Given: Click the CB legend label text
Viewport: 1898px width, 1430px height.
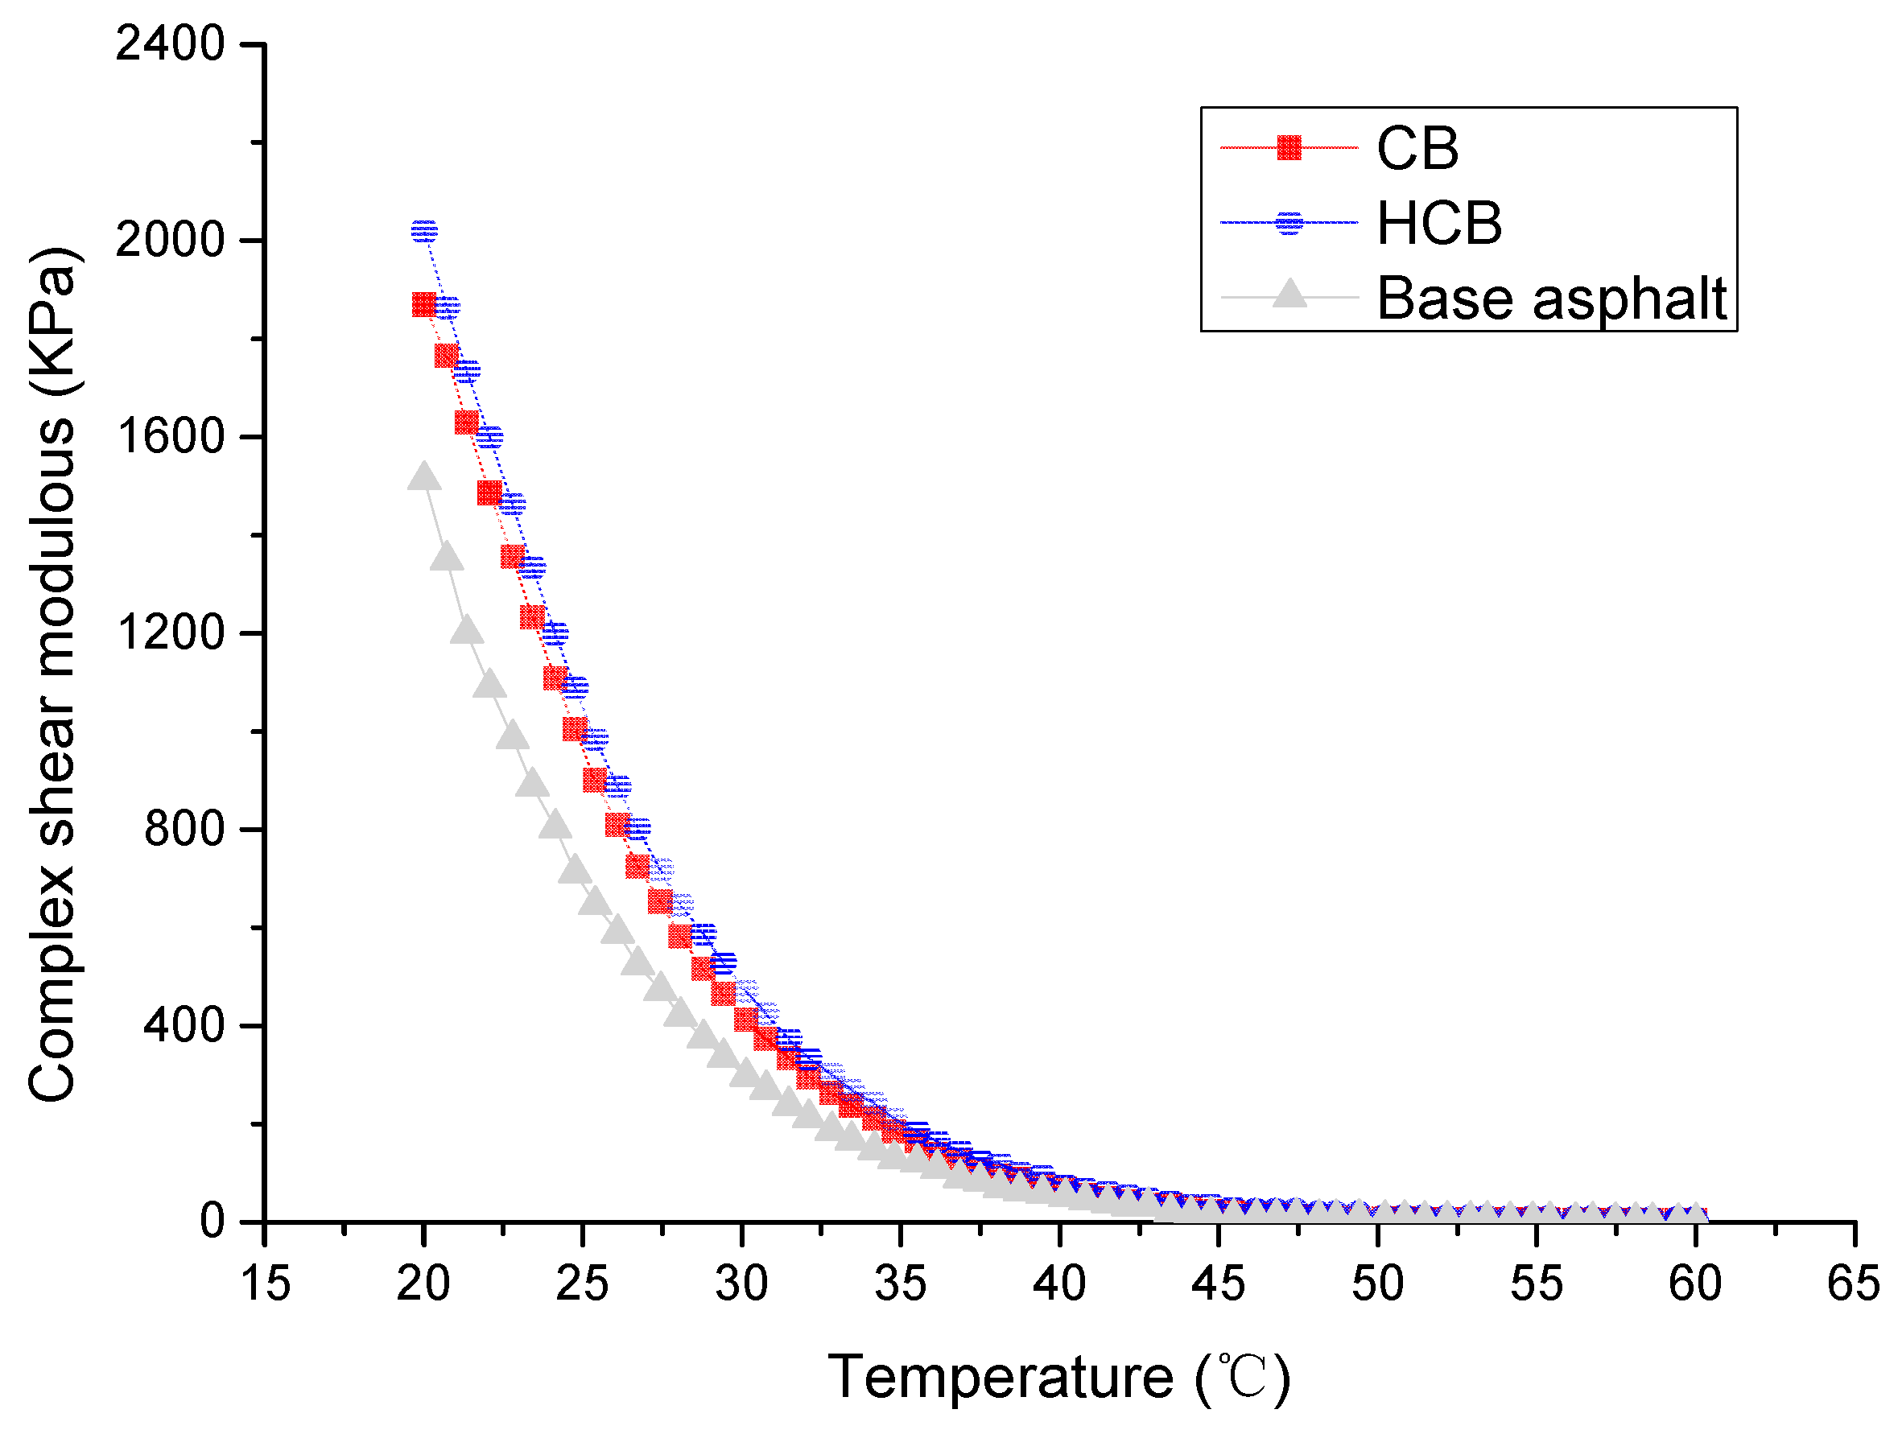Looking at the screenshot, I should pyautogui.click(x=1417, y=148).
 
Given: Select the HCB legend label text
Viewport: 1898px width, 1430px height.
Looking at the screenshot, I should pyautogui.click(x=1439, y=223).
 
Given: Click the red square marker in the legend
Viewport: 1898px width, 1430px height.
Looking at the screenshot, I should pyautogui.click(x=1289, y=147).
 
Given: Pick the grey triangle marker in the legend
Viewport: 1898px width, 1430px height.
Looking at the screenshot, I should pyautogui.click(x=1289, y=295).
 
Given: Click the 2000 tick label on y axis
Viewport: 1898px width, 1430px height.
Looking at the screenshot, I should pyautogui.click(x=170, y=239).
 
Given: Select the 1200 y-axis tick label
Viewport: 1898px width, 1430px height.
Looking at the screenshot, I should pyautogui.click(x=170, y=633).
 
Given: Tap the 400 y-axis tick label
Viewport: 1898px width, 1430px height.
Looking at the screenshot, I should pyautogui.click(x=183, y=1025).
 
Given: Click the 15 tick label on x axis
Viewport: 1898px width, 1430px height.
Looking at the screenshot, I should pyautogui.click(x=265, y=1284).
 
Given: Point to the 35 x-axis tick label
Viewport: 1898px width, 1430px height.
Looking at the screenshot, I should pyautogui.click(x=900, y=1284).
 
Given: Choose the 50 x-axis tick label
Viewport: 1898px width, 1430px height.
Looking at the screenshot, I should pyautogui.click(x=1377, y=1284).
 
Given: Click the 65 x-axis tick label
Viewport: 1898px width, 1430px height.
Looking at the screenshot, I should pyautogui.click(x=1854, y=1284).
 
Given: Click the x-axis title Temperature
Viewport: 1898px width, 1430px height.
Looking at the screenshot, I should pyautogui.click(x=1058, y=1378).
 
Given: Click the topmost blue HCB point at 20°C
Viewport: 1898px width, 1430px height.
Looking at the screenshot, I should pyautogui.click(x=424, y=230).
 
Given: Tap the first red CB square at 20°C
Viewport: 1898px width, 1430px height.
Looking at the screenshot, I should pyautogui.click(x=424, y=304).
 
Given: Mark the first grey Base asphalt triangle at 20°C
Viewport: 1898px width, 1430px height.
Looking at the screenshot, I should pyautogui.click(x=424, y=477).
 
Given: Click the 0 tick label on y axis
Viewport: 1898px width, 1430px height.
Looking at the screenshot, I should pyautogui.click(x=211, y=1221).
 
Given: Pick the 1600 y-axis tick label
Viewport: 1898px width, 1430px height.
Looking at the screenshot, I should pyautogui.click(x=170, y=436).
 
